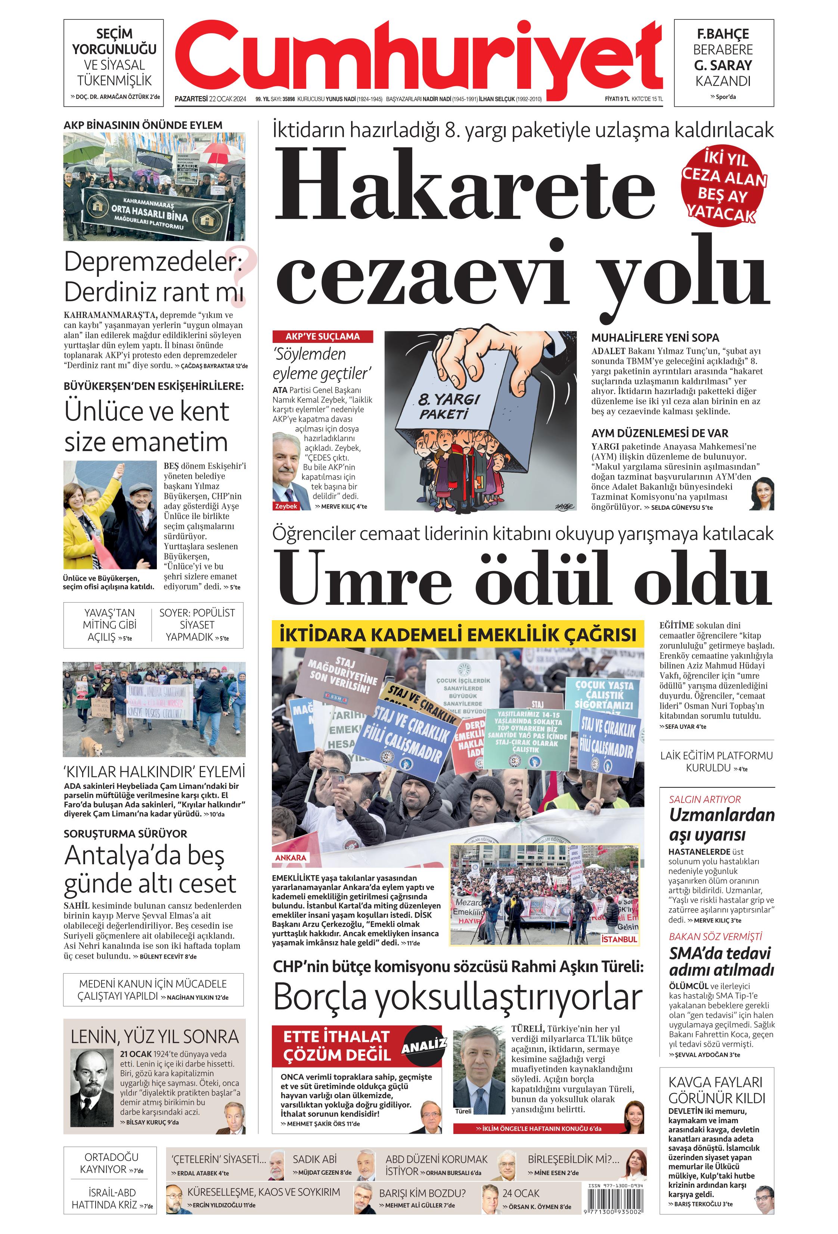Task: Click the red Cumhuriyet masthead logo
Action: pyautogui.click(x=418, y=57)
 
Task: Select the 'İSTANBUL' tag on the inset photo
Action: pyautogui.click(x=619, y=939)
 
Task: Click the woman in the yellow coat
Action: pyautogui.click(x=85, y=521)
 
